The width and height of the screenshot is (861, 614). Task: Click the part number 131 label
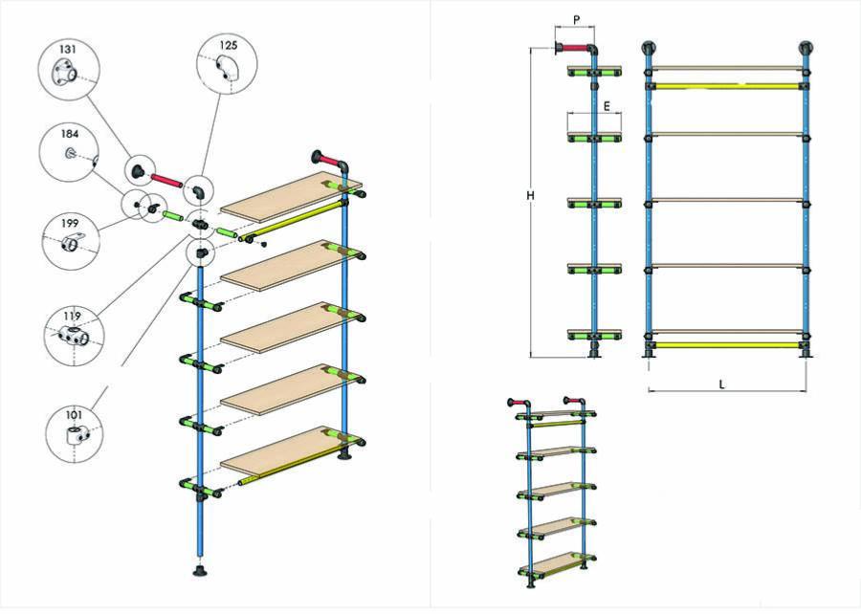68,48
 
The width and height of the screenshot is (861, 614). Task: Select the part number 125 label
227,45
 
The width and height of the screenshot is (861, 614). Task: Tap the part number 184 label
70,135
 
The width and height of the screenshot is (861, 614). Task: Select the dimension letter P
576,19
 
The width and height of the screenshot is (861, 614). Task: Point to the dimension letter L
723,384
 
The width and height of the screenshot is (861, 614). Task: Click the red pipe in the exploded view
166,179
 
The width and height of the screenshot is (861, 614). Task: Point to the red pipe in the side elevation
573,48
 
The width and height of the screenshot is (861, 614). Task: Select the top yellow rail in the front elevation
727,86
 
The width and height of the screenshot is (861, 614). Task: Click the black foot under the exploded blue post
202,573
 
